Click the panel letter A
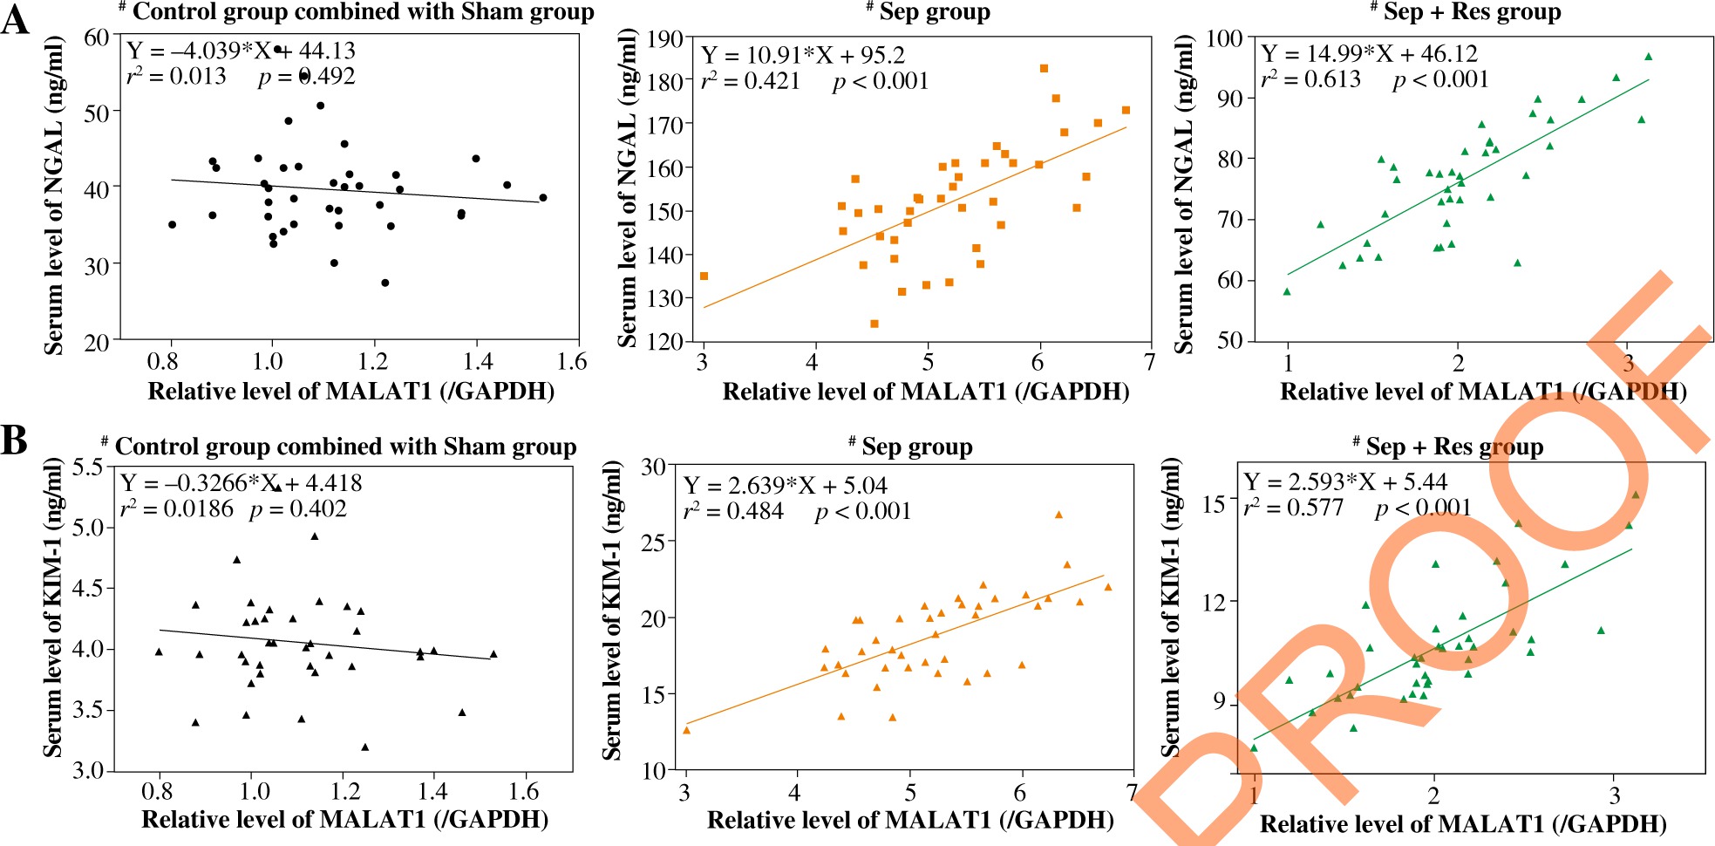(15, 19)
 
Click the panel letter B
(14, 440)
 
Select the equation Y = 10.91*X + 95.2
(803, 56)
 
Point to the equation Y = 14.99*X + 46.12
(1369, 54)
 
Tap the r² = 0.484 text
(733, 511)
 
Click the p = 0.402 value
(298, 509)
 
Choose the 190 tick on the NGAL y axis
(665, 38)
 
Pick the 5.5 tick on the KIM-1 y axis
(88, 467)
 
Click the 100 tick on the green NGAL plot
(1224, 38)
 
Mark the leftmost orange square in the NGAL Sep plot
(704, 276)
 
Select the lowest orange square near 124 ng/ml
(875, 324)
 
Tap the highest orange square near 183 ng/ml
(1044, 68)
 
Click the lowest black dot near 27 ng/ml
(385, 283)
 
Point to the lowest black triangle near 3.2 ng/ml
(364, 747)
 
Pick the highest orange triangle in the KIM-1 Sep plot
(1058, 515)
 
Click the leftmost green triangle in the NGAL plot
(1287, 292)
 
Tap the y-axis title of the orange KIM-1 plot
(612, 611)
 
